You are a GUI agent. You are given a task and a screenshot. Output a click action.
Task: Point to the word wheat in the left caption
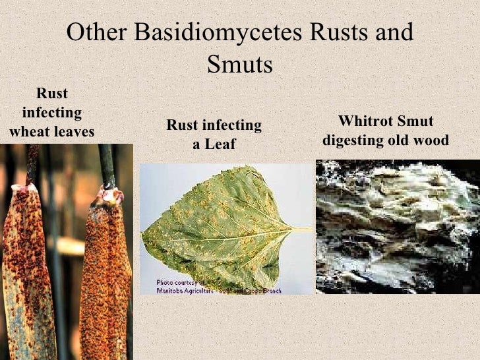point(30,132)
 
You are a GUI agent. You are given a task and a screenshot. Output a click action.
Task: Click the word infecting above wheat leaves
point(51,113)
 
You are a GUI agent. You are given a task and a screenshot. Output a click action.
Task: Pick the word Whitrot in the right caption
point(367,122)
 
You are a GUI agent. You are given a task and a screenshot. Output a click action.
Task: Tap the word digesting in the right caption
point(354,141)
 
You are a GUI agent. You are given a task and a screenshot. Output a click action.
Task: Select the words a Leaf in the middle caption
point(214,144)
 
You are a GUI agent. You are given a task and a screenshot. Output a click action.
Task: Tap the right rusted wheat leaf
point(105,277)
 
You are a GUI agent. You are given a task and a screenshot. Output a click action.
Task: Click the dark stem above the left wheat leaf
point(32,165)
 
